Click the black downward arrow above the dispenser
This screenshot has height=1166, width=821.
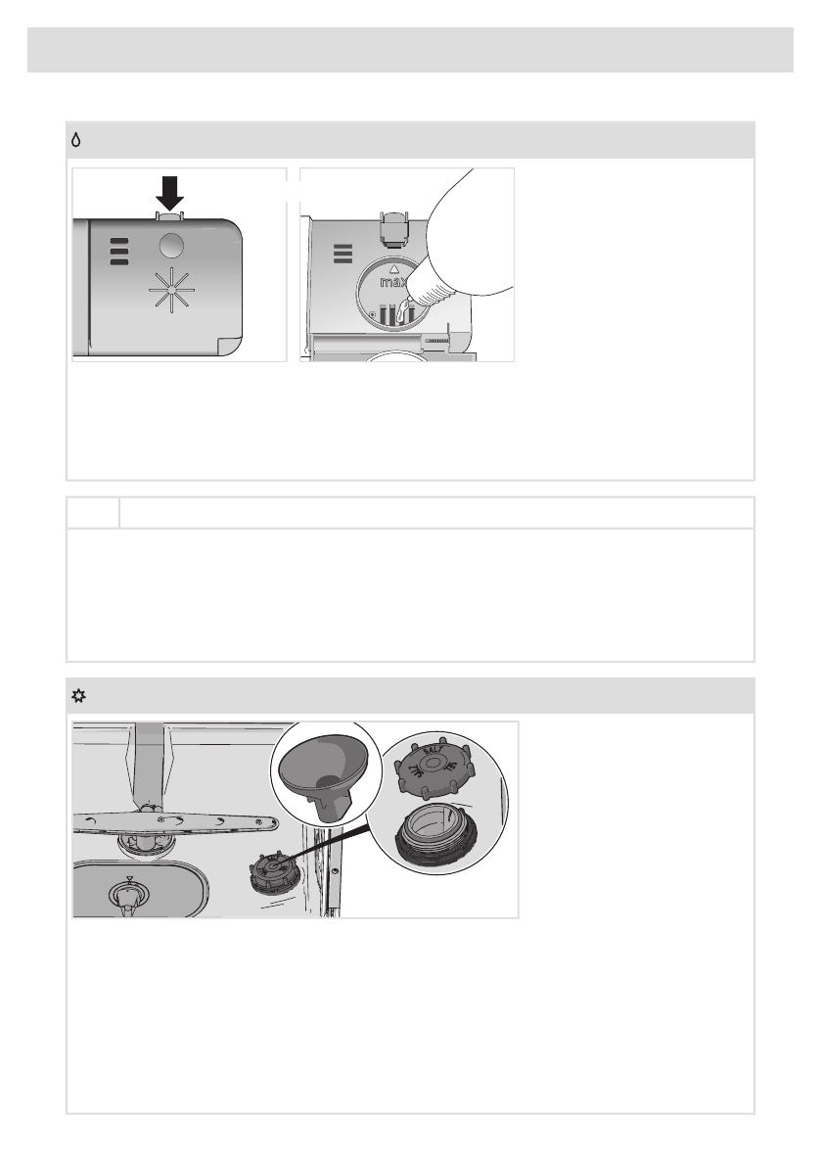click(x=170, y=193)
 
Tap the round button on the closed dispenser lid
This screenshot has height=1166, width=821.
click(x=171, y=245)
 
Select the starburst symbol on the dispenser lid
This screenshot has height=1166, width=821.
click(x=170, y=289)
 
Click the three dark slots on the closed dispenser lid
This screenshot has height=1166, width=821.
click(x=119, y=252)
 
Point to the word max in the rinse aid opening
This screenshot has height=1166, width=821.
click(x=393, y=283)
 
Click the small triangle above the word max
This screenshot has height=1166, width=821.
click(x=394, y=268)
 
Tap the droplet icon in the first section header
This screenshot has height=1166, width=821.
click(x=75, y=140)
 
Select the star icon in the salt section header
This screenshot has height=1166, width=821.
click(x=78, y=696)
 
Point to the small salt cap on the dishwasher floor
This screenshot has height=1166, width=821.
click(x=270, y=870)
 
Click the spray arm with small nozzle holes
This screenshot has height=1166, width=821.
click(x=176, y=821)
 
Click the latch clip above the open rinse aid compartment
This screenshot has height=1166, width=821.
click(x=394, y=226)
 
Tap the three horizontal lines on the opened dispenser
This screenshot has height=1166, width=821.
click(x=342, y=254)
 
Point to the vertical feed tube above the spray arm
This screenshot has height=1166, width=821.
click(x=150, y=764)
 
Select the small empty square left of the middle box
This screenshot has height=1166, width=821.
click(x=93, y=513)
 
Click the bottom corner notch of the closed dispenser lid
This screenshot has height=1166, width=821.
click(x=229, y=347)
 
